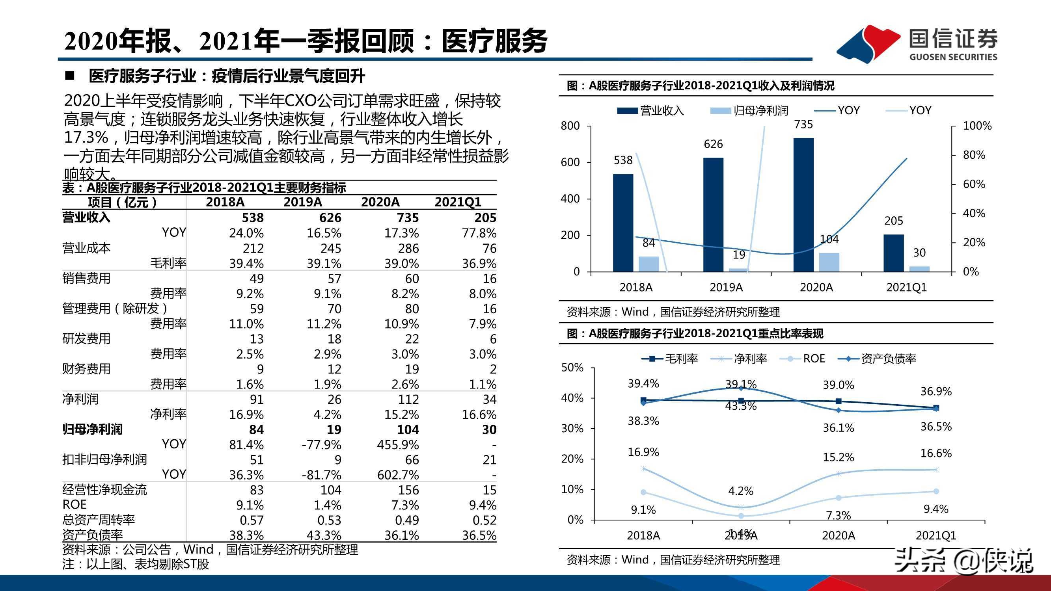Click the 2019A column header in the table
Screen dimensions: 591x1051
[302, 202]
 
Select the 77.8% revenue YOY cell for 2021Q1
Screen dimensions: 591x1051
[479, 233]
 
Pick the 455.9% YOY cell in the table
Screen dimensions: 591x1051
[398, 444]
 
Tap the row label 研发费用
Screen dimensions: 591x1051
[86, 338]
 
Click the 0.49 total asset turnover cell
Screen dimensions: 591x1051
[407, 520]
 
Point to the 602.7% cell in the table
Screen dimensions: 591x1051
[398, 475]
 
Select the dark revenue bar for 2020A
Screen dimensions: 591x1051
[803, 204]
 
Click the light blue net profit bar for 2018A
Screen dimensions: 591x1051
[648, 264]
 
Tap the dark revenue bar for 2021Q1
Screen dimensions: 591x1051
[894, 253]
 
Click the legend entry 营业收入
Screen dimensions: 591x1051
[650, 111]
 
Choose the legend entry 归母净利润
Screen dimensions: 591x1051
[749, 111]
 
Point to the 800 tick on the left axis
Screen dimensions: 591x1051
[570, 126]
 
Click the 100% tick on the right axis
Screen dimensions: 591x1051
[977, 126]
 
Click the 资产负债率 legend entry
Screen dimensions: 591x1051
[877, 359]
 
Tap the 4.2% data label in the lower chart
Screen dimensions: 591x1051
[740, 491]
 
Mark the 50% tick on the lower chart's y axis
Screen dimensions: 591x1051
[572, 368]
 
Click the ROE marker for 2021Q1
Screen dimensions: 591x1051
[936, 491]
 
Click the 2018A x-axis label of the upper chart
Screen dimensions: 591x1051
[635, 287]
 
